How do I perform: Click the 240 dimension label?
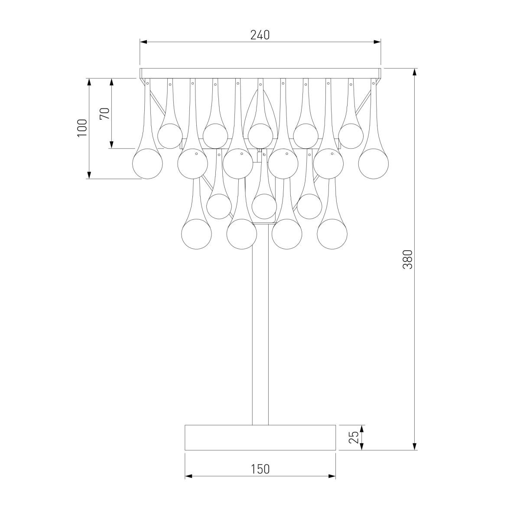[260, 35]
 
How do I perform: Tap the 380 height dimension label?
[407, 259]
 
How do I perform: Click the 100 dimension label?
[83, 128]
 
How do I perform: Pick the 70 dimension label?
[105, 114]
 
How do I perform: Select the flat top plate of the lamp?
[260, 73]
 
